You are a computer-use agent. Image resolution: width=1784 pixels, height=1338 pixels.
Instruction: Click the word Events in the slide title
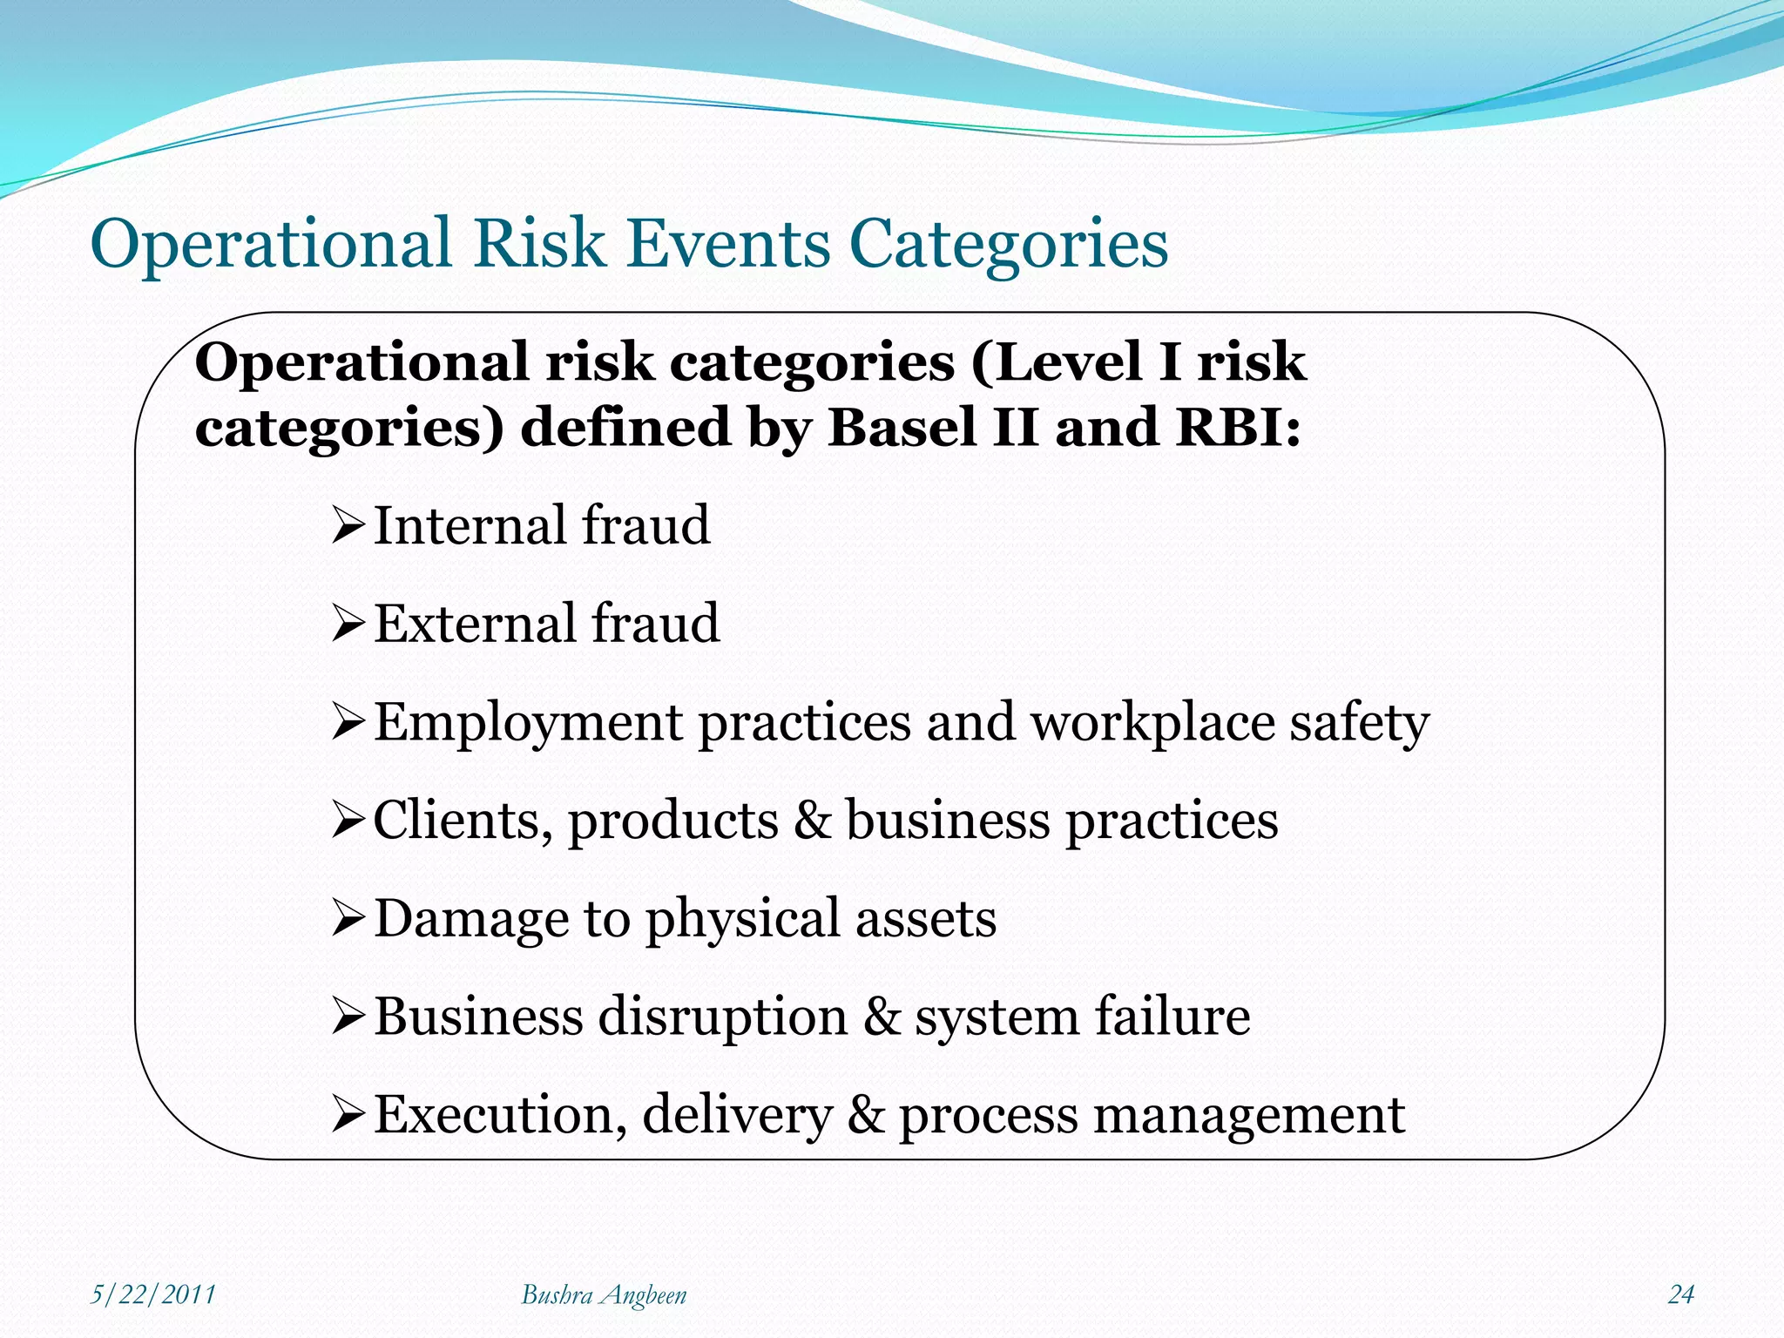click(x=728, y=243)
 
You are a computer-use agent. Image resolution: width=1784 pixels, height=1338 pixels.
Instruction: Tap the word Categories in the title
click(x=1008, y=245)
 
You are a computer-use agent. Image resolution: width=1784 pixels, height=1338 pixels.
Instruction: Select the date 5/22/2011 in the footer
click(x=153, y=1294)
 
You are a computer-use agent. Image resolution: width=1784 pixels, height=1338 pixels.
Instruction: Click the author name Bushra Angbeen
click(x=604, y=1295)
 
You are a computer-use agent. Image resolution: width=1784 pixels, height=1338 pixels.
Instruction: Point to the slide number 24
click(x=1680, y=1294)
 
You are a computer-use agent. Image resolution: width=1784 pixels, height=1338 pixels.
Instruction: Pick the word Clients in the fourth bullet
click(x=462, y=821)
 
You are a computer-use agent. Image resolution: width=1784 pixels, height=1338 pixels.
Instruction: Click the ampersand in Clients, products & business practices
click(x=813, y=821)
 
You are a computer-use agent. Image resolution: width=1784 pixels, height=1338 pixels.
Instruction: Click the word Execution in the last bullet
click(x=500, y=1115)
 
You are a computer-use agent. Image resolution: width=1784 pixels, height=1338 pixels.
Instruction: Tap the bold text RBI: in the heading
click(x=1237, y=428)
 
